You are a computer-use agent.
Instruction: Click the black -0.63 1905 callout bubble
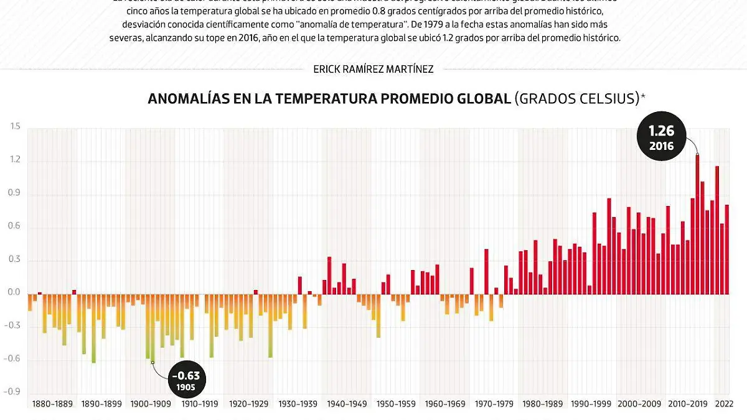(184, 380)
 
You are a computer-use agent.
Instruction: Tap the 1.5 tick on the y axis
(15, 127)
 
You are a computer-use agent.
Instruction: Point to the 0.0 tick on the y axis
(15, 292)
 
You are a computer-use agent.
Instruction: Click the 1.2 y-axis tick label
(15, 160)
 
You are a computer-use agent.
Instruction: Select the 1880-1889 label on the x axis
(52, 404)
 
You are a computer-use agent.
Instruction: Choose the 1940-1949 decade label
(347, 404)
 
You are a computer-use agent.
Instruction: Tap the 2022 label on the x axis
(723, 404)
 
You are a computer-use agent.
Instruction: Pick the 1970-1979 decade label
(494, 404)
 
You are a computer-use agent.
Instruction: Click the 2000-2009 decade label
(641, 404)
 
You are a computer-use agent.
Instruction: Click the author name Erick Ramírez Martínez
(374, 69)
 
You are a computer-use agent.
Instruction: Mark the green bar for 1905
(149, 327)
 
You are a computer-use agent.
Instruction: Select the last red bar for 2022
(726, 249)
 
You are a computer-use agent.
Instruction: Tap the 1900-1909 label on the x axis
(150, 404)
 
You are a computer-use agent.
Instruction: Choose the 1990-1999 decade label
(592, 404)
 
